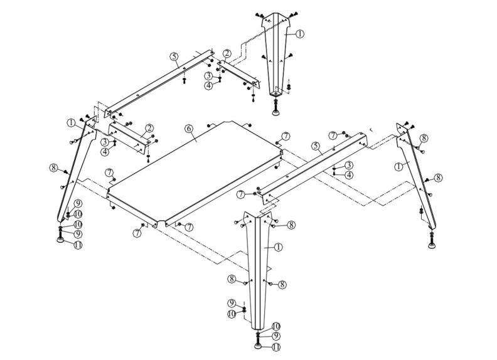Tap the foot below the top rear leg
pyautogui.click(x=277, y=112)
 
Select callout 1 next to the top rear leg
pyautogui.click(x=300, y=34)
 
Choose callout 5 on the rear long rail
pyautogui.click(x=173, y=56)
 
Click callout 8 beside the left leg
pyautogui.click(x=53, y=167)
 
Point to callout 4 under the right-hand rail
pyautogui.click(x=349, y=174)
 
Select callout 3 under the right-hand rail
pyautogui.click(x=349, y=165)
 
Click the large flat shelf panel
pyautogui.click(x=195, y=169)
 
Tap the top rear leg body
pyautogui.click(x=277, y=56)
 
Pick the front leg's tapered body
pyautogui.click(x=259, y=270)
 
